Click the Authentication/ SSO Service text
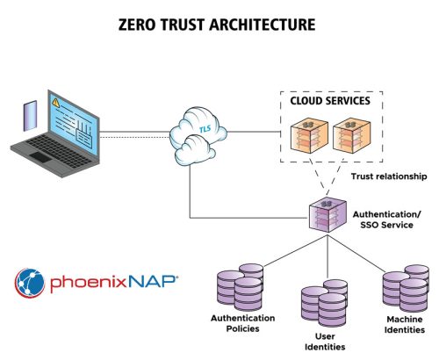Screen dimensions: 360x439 pos(387,219)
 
